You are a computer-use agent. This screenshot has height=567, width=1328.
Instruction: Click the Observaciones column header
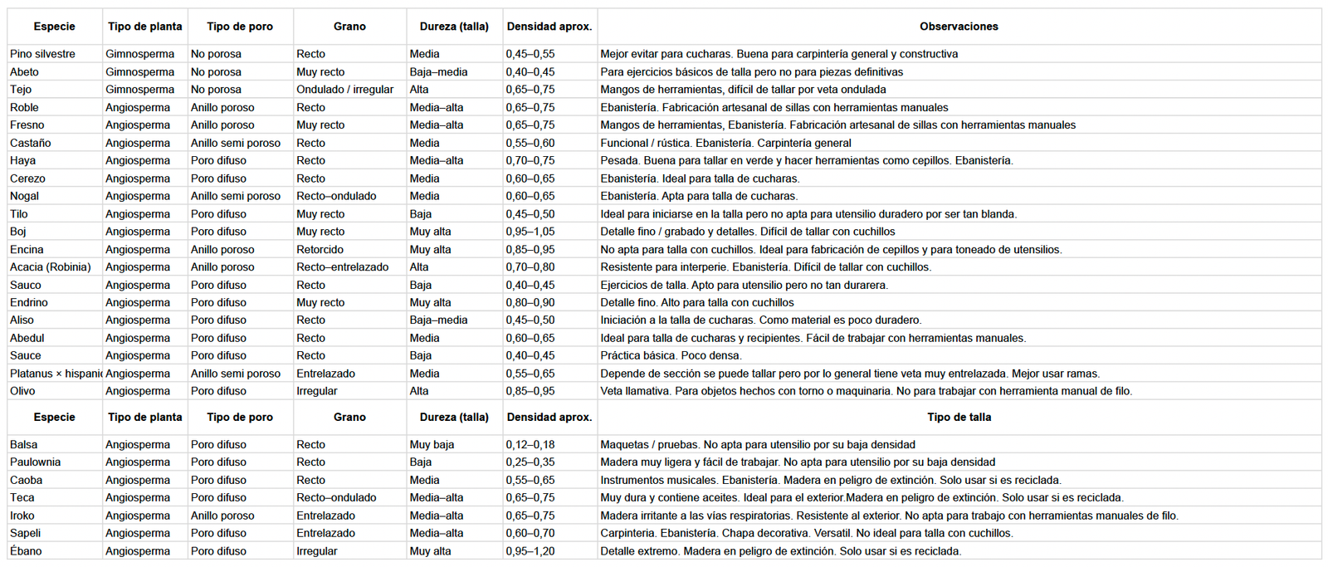959,27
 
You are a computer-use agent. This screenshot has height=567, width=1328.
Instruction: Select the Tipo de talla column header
959,418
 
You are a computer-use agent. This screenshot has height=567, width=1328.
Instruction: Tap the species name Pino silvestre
42,54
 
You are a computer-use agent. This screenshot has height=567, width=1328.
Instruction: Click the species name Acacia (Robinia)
50,267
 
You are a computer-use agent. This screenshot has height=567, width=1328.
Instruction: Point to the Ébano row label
26,551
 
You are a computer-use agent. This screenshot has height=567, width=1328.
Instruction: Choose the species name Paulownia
35,462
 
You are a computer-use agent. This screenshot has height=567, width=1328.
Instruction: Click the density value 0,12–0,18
530,445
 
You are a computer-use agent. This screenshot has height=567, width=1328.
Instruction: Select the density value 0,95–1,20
530,551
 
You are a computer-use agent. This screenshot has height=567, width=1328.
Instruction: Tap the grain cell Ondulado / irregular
344,90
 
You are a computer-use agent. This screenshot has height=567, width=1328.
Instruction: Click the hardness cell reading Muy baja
432,445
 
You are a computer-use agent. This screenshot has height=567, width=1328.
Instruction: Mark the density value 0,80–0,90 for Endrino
530,303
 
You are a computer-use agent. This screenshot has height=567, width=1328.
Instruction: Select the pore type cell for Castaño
236,143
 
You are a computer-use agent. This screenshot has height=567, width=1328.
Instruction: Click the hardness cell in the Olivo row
419,391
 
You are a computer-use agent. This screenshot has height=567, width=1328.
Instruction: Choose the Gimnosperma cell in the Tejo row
139,90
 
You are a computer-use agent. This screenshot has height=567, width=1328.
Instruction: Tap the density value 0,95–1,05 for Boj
530,232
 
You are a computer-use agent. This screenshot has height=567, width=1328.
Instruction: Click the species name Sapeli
25,534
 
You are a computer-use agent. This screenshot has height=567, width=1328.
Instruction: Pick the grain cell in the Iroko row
325,516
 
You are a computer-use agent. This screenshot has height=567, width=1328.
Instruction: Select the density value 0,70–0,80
530,267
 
